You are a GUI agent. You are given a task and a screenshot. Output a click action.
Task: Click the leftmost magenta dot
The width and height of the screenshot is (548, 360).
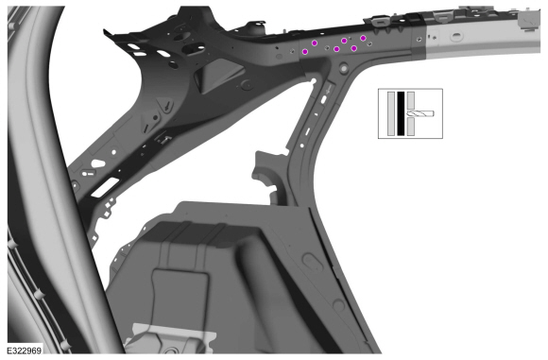click(305, 52)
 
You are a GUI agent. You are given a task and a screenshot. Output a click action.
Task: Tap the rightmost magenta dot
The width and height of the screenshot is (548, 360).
click(363, 38)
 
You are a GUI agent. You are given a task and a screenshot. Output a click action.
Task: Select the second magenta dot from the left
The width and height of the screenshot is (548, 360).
click(315, 43)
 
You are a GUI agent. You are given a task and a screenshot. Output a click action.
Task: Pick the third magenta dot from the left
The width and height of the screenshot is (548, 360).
click(336, 49)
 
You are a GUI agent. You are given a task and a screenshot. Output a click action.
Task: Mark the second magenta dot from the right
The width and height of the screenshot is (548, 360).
click(354, 48)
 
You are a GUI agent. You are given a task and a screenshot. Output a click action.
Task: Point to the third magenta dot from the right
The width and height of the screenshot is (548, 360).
click(344, 41)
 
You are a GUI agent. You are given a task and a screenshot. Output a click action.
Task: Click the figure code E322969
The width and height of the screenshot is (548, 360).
click(25, 350)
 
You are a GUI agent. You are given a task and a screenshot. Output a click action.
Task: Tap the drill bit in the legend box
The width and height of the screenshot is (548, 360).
click(420, 113)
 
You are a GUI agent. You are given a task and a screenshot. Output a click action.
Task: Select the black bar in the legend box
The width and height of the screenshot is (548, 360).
click(401, 113)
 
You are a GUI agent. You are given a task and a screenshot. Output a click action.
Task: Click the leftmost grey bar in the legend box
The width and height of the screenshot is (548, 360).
click(391, 113)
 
